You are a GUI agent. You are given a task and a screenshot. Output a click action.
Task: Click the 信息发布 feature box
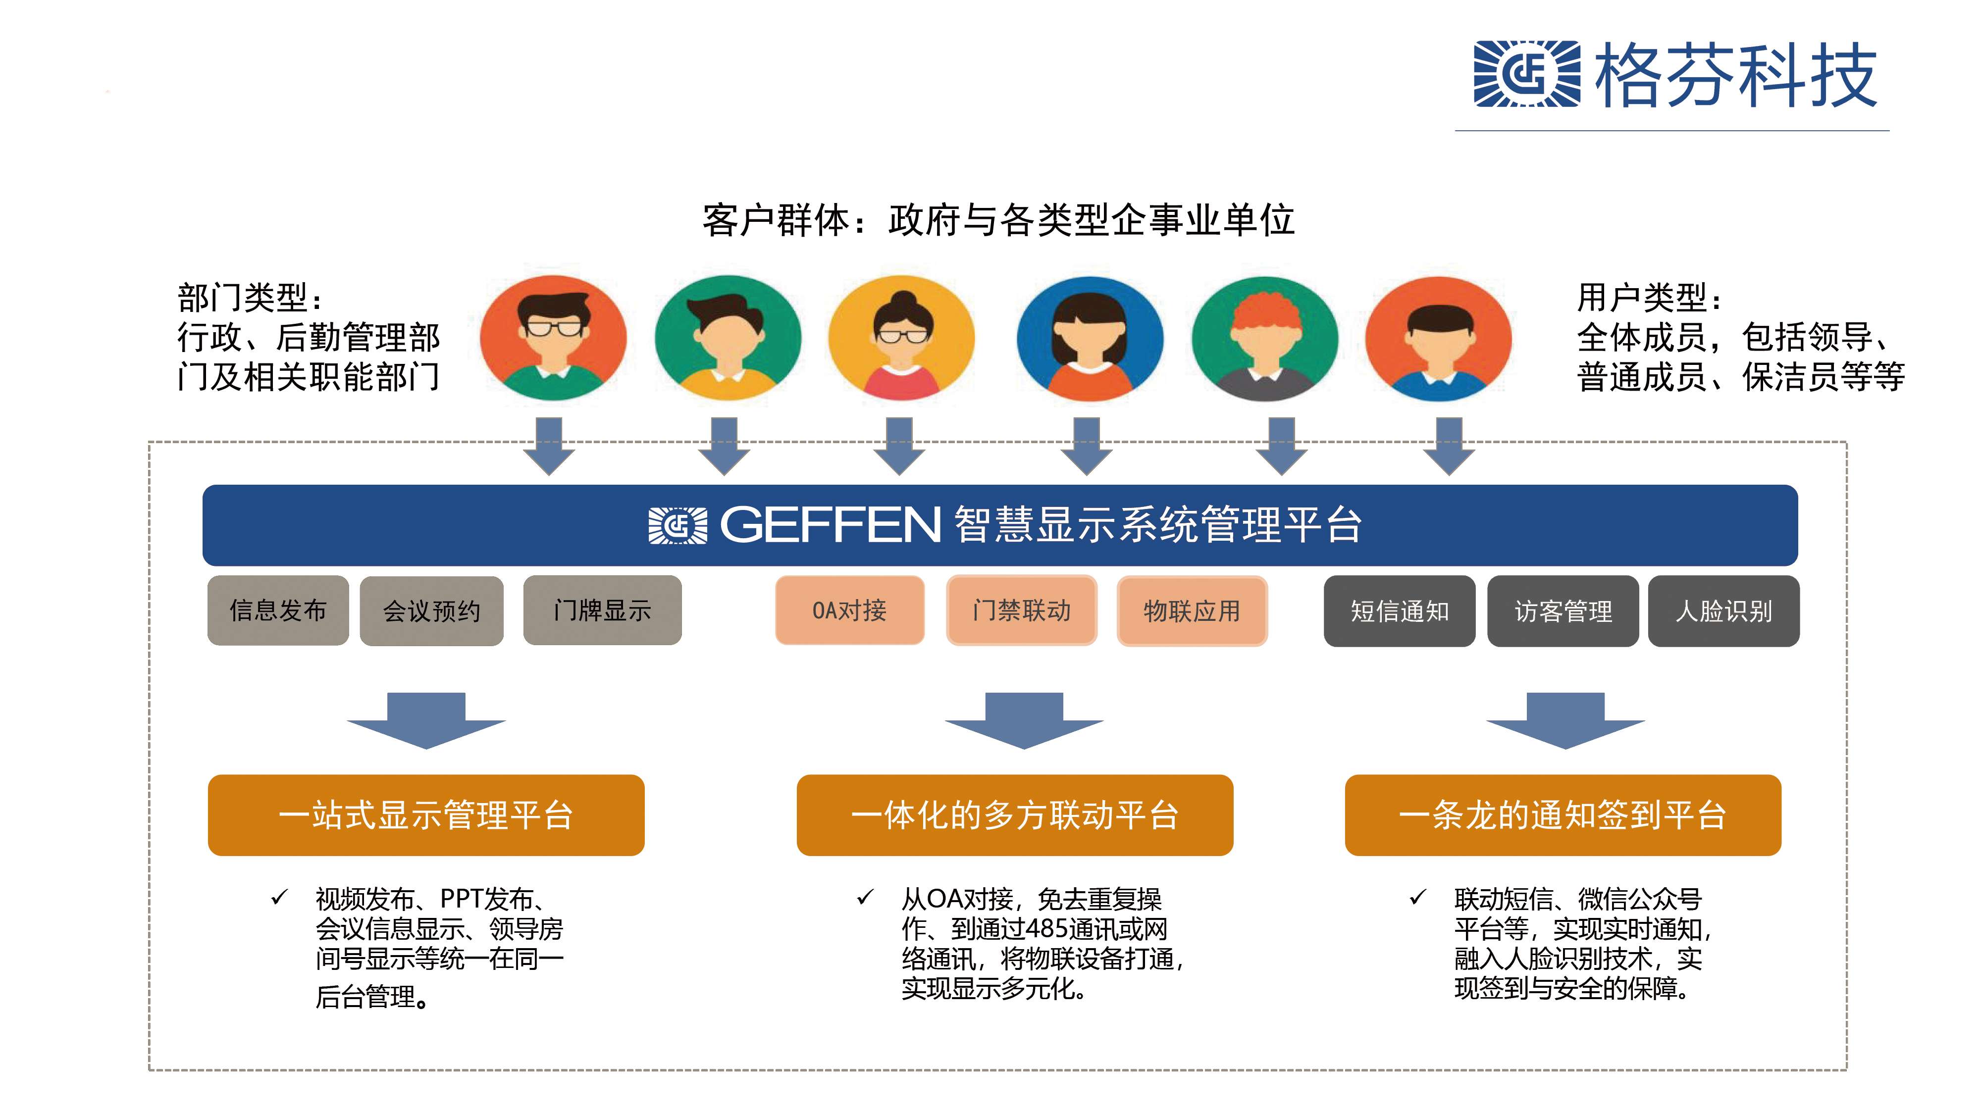click(278, 610)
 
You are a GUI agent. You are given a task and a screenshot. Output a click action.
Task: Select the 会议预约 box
click(431, 611)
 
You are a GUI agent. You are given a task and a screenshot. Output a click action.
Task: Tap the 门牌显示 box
click(602, 610)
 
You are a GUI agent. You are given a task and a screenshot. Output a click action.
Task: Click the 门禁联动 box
click(1021, 610)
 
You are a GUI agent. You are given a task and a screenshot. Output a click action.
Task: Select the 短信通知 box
click(1399, 611)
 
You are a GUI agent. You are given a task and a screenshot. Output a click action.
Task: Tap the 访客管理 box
click(1563, 611)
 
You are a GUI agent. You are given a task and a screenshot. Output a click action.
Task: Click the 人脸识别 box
click(1723, 611)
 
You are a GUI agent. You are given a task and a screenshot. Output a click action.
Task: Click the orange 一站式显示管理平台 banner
click(426, 815)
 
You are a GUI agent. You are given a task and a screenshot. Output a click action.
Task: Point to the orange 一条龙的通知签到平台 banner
click(1563, 815)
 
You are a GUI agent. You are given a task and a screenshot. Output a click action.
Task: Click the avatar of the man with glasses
click(553, 338)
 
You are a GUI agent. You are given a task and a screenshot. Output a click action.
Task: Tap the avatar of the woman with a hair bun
click(901, 338)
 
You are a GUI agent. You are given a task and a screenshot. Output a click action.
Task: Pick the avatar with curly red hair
click(1264, 338)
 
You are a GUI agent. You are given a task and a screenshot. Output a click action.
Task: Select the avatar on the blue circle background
click(1090, 338)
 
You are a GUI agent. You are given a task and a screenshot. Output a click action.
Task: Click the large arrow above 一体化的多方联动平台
click(1024, 720)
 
